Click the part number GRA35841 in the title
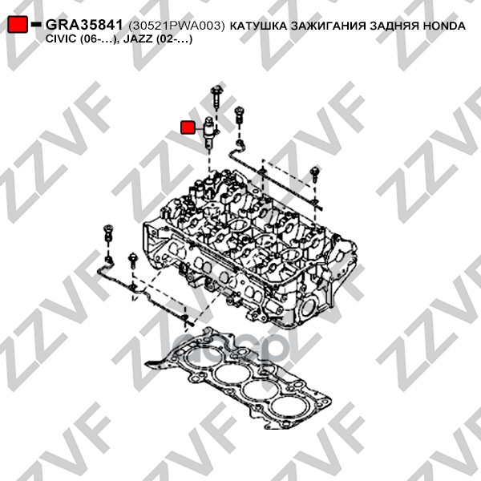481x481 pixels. coord(84,25)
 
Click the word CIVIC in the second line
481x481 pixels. coord(61,39)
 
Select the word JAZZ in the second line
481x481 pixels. coord(138,39)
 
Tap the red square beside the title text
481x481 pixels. coord(18,24)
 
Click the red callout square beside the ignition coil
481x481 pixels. coord(188,127)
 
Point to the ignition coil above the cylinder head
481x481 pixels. coord(209,133)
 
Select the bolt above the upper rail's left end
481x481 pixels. coord(239,115)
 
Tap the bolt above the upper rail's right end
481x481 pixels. coord(315,175)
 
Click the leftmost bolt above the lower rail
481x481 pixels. coord(108,233)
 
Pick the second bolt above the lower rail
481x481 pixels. coord(133,261)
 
